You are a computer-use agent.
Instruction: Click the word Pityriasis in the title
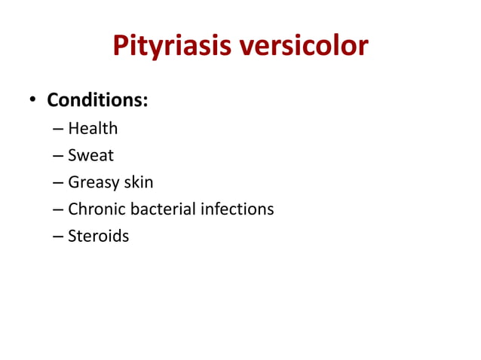tap(173, 47)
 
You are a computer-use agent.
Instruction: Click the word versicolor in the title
tap(304, 47)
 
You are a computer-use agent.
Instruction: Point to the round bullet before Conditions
tap(32, 101)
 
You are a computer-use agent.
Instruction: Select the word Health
tap(93, 128)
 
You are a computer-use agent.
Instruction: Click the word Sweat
tap(90, 155)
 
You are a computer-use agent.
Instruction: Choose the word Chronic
tap(97, 209)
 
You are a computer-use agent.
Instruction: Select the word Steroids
tap(99, 236)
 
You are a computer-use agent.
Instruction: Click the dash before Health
tap(58, 129)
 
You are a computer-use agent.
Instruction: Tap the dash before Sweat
tap(58, 156)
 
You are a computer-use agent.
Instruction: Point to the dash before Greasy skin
tap(58, 183)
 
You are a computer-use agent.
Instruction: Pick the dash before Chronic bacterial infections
tap(58, 209)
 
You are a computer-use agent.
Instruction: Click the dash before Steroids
tap(58, 236)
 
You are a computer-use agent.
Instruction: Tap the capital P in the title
tap(121, 47)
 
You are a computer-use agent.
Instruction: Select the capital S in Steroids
tap(72, 236)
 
